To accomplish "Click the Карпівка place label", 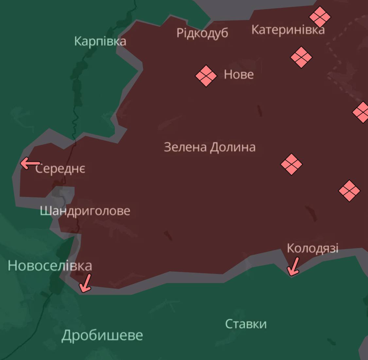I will click(x=100, y=42).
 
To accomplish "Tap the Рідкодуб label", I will click(x=202, y=33).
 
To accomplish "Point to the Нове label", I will click(x=239, y=75).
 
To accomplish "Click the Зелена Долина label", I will click(x=209, y=147).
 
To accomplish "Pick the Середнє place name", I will click(x=61, y=169).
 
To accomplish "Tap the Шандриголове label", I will click(x=85, y=211).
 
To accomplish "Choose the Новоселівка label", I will click(x=50, y=265).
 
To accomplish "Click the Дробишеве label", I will click(x=102, y=335).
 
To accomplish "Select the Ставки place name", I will click(x=246, y=324).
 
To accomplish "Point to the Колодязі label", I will click(x=312, y=248).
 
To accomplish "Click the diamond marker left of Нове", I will click(x=206, y=76).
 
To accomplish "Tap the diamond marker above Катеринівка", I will click(x=320, y=17).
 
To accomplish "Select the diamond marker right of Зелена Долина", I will click(x=291, y=164).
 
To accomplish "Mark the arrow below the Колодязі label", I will click(x=293, y=267).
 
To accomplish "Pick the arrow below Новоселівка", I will click(x=86, y=283).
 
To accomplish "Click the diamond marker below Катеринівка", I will click(x=301, y=57).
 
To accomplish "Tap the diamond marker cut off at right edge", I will click(x=361, y=112).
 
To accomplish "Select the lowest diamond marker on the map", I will click(x=349, y=191).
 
